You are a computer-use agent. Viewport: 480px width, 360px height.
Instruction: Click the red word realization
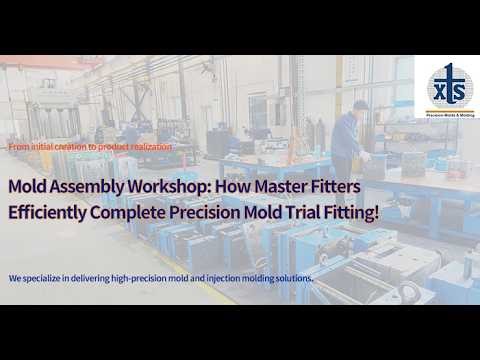click(149, 147)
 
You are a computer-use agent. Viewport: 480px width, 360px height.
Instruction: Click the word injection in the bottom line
click(228, 277)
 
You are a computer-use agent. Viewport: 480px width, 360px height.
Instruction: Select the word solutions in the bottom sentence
click(293, 277)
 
